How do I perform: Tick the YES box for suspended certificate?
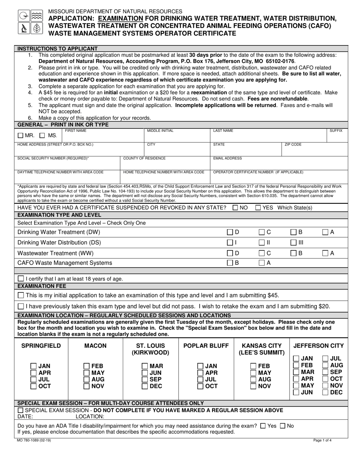258,208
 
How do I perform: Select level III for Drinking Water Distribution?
294,242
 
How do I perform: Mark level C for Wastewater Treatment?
262,253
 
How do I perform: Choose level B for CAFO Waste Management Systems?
230,263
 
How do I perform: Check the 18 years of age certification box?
21,279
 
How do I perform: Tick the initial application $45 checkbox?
21,295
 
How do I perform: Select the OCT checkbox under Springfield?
34,386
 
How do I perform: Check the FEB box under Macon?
87,366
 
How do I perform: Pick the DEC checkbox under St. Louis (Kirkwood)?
145,386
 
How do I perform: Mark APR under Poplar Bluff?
200,373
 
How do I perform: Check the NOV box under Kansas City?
254,386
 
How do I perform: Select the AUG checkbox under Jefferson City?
325,365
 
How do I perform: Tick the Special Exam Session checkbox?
21,410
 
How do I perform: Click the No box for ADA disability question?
282,426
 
